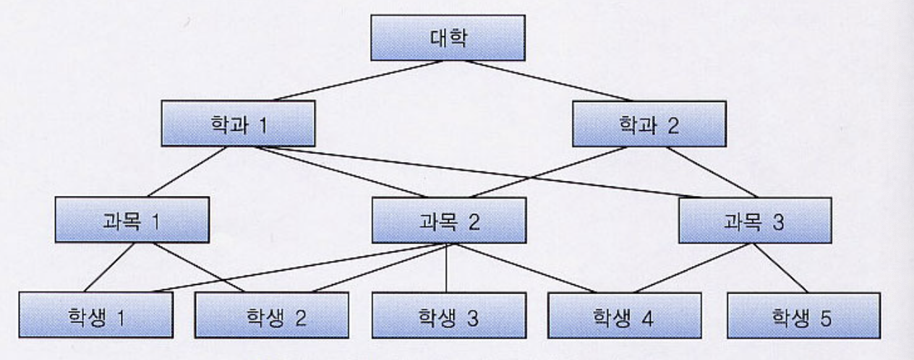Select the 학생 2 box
(272, 314)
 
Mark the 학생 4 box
(623, 314)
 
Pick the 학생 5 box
(803, 314)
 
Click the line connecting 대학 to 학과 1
(358, 80)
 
